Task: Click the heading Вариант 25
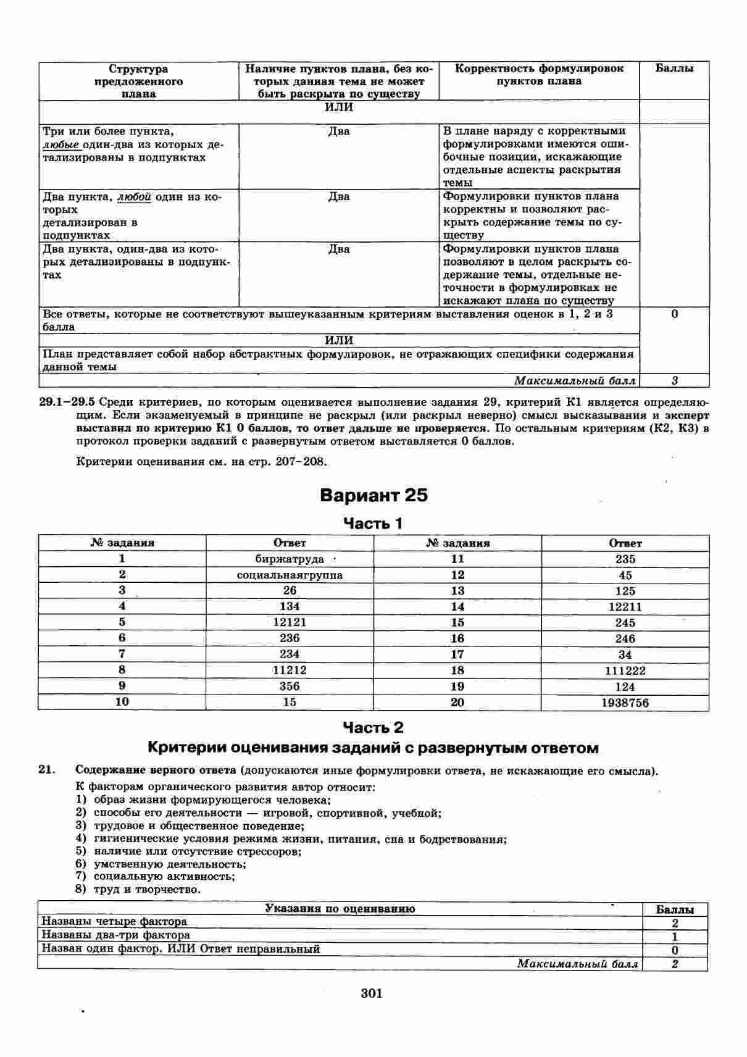click(x=373, y=496)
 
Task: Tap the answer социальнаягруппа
click(x=290, y=575)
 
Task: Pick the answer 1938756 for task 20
click(x=625, y=703)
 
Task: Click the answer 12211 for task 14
click(x=625, y=607)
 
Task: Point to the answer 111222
click(x=625, y=671)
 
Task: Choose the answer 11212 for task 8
click(x=290, y=670)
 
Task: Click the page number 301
click(x=372, y=993)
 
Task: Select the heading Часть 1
click(x=373, y=524)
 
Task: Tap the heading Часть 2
click(x=373, y=727)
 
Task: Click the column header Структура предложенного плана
click(x=138, y=81)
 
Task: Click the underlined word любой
click(x=134, y=197)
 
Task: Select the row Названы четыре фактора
click(x=114, y=922)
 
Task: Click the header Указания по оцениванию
click(x=340, y=909)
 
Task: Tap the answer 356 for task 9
click(x=290, y=686)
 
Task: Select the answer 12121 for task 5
click(x=290, y=622)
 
